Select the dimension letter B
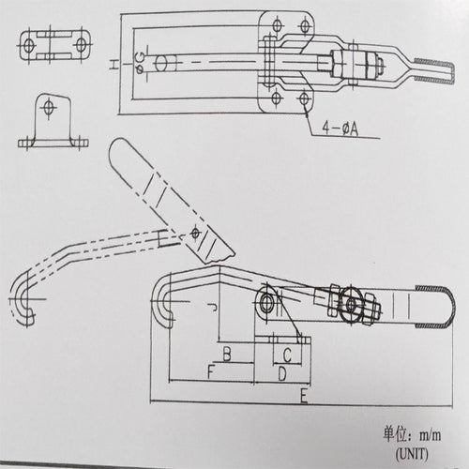tap(226, 354)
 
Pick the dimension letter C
tap(287, 355)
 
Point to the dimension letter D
tap(281, 374)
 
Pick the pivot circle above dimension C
tap(267, 303)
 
